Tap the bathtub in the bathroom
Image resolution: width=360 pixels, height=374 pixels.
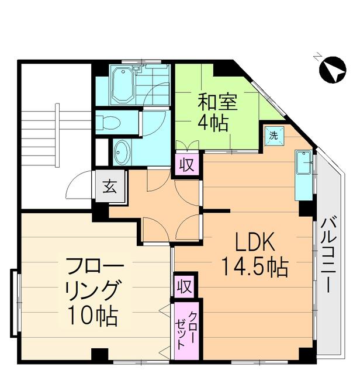click(122, 85)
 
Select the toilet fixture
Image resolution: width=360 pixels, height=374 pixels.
click(111, 122)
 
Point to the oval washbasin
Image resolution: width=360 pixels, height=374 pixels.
click(122, 153)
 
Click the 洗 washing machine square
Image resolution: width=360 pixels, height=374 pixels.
click(274, 134)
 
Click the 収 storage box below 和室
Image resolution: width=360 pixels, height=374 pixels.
click(186, 164)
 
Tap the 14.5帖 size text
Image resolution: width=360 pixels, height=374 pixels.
click(254, 267)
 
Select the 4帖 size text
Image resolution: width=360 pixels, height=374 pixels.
click(212, 124)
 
